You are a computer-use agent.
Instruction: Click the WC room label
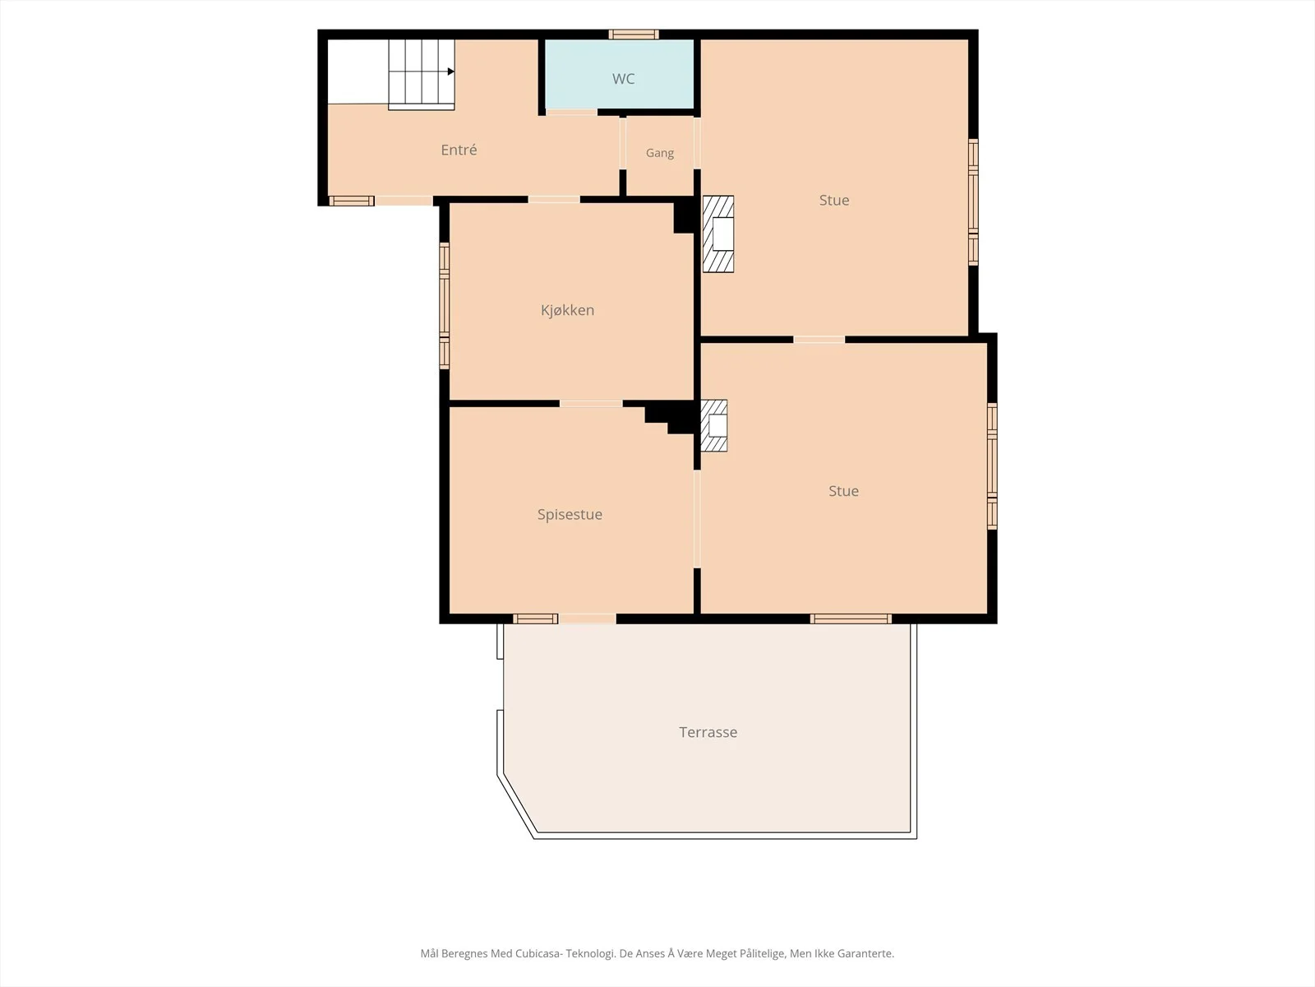[x=623, y=78]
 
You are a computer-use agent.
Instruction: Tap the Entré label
[x=459, y=150]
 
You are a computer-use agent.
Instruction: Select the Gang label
[x=660, y=154]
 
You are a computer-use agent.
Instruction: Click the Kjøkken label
[x=567, y=310]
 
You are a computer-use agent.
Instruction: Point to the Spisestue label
[x=570, y=514]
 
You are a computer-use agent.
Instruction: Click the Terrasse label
[x=708, y=732]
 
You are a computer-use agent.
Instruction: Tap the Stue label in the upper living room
[x=834, y=200]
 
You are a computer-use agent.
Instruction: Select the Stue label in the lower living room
[x=843, y=491]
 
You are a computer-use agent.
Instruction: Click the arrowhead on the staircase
[x=451, y=72]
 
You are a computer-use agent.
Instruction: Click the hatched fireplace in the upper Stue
[x=718, y=234]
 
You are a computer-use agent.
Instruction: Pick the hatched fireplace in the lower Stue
[x=714, y=425]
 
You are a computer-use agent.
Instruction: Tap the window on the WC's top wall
[x=634, y=35]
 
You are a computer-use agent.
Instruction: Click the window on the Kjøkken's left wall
[x=445, y=306]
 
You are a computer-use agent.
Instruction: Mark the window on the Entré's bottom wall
[x=352, y=201]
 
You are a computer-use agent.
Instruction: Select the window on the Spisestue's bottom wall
[x=536, y=619]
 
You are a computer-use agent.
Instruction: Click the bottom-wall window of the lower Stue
[x=851, y=619]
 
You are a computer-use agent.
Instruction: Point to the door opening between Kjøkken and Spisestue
[x=591, y=404]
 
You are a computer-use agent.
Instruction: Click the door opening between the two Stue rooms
[x=819, y=340]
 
